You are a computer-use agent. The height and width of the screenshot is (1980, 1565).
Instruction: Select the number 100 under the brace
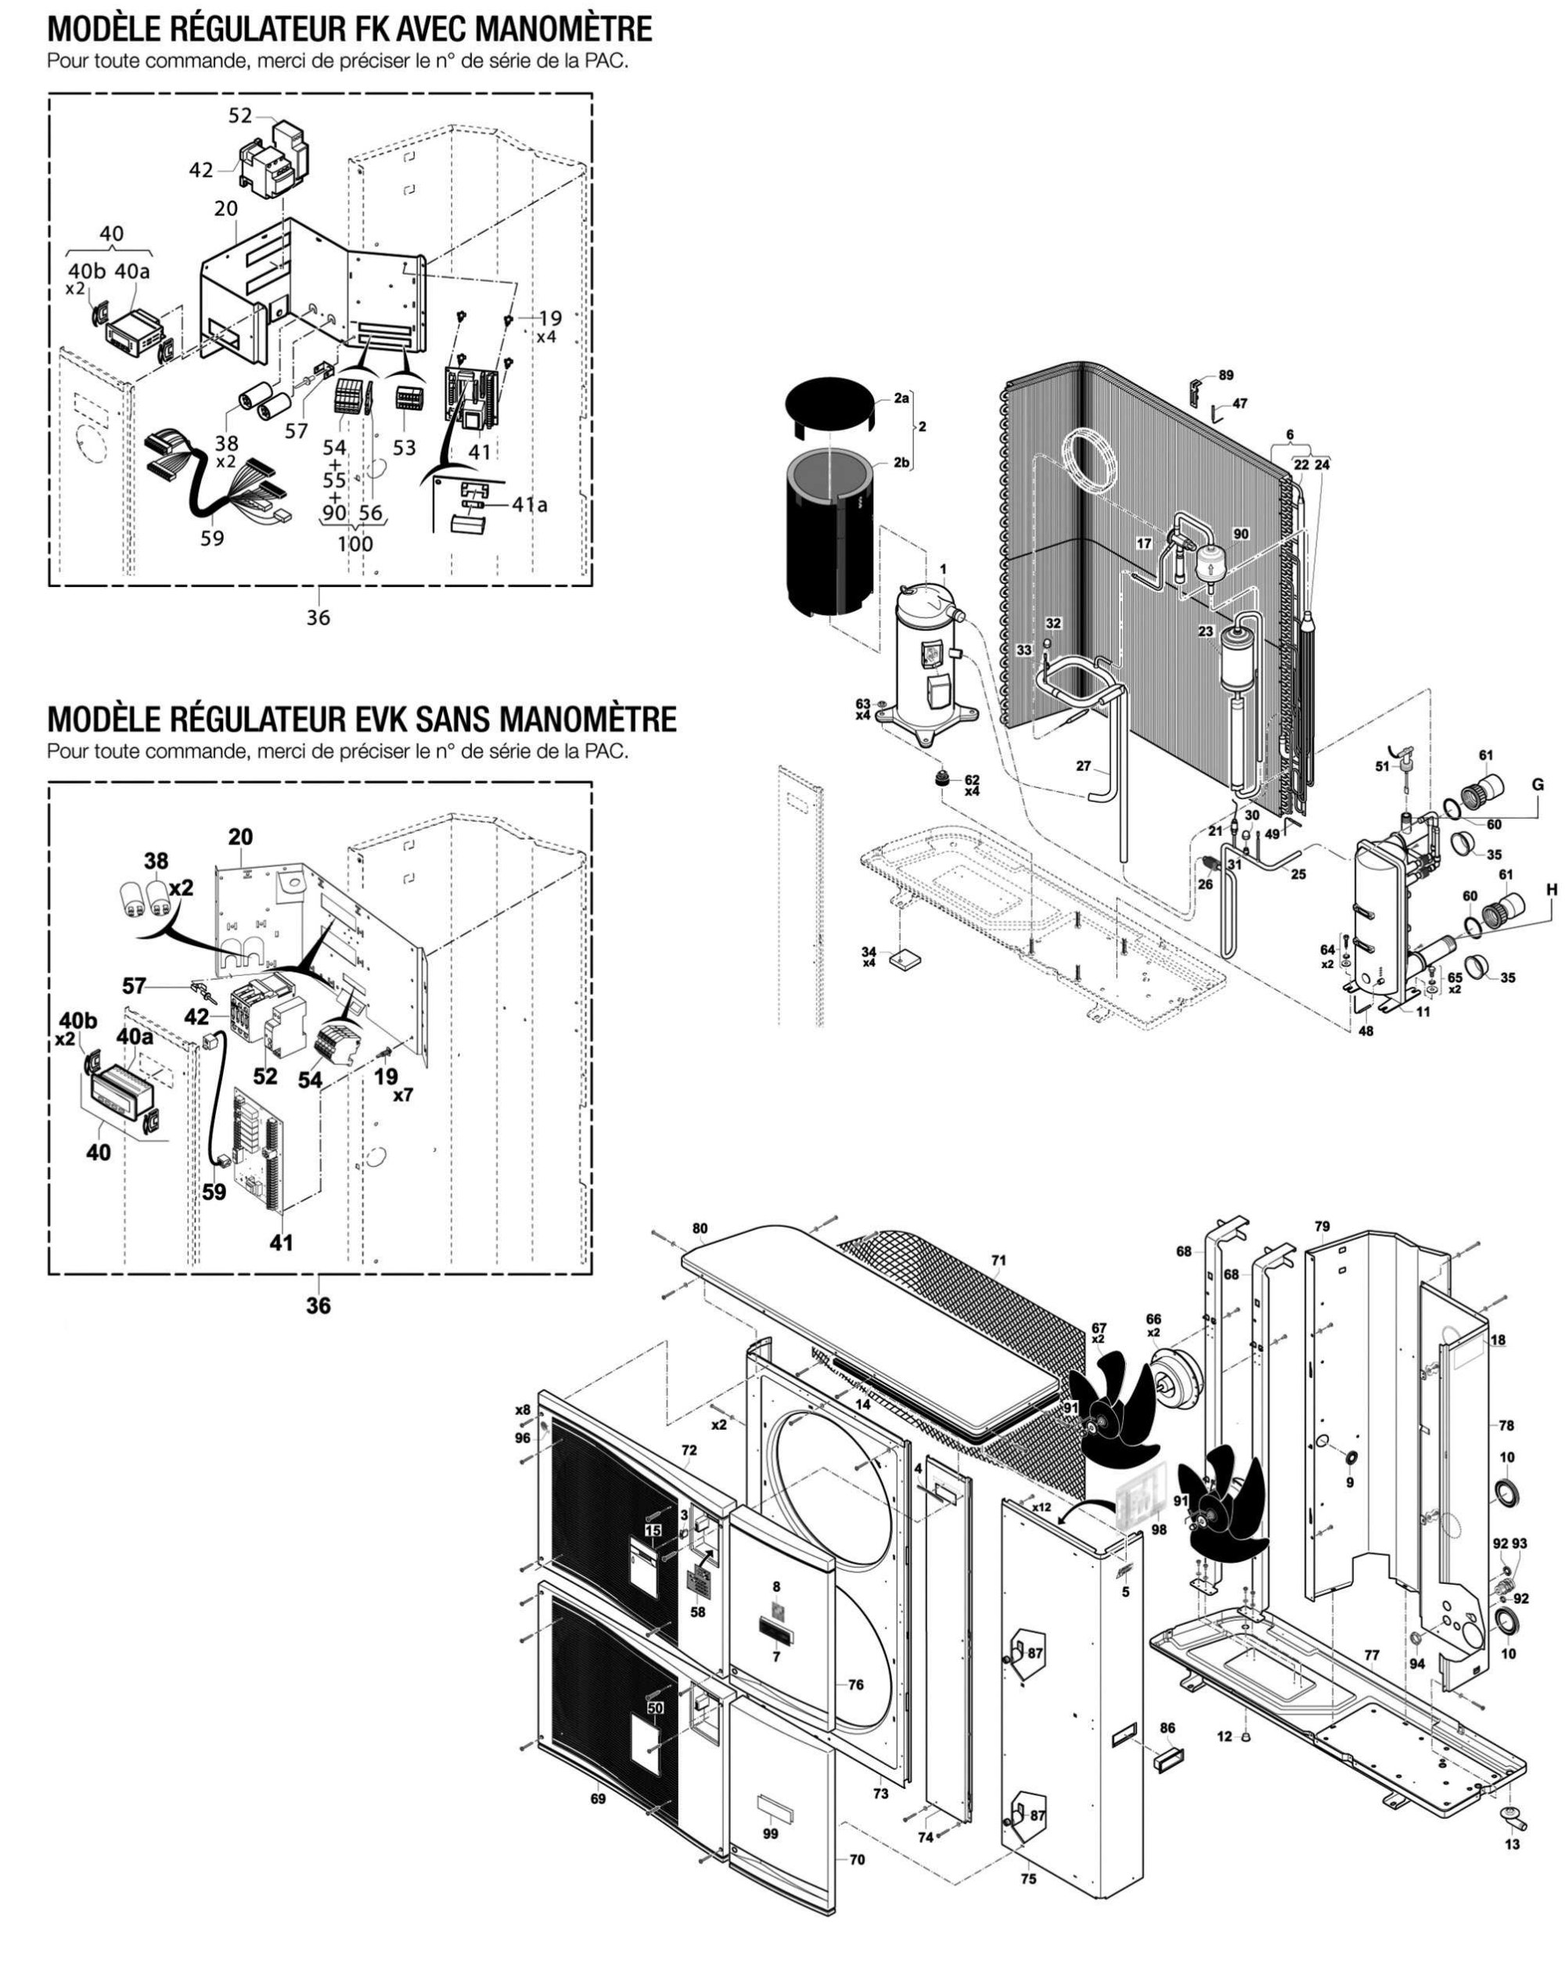click(x=354, y=543)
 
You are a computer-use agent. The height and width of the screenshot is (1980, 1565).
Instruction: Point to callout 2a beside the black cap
click(x=901, y=398)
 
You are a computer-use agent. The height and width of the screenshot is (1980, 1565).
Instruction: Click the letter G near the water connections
click(x=1538, y=784)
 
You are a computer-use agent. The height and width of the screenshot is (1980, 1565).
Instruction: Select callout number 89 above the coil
click(x=1226, y=376)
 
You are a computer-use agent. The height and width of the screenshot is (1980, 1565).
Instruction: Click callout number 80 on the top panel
click(x=700, y=1228)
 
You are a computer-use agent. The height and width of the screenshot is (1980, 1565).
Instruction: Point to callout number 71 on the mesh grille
click(x=998, y=1261)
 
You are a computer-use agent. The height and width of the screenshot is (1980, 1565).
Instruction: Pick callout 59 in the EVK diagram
click(x=214, y=1193)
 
